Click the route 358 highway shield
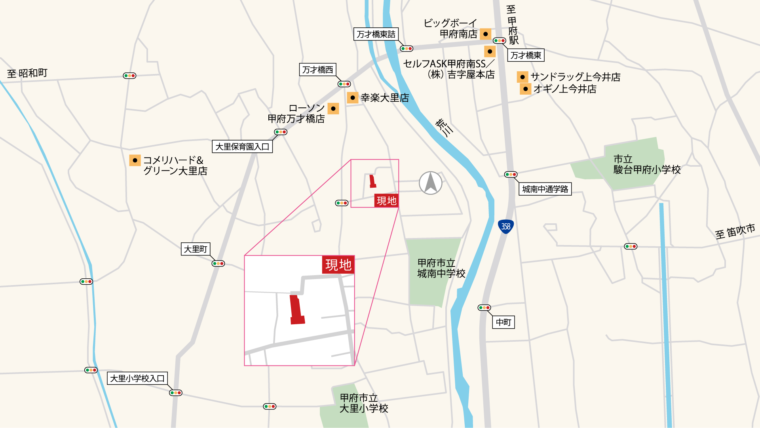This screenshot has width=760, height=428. tap(505, 226)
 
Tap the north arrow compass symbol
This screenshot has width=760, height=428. tap(431, 183)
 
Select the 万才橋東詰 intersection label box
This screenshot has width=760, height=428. tap(376, 34)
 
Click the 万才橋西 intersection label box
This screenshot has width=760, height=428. tap(317, 70)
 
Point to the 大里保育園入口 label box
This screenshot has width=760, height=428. tap(242, 147)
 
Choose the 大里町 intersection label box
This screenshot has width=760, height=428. tap(196, 249)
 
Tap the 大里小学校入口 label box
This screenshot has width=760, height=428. tap(137, 379)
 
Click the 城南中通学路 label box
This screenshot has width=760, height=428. tap(545, 189)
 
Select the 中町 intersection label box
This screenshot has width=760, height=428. tap(503, 322)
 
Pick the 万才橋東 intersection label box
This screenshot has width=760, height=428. tap(526, 55)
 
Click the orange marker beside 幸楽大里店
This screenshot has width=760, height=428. tap(352, 97)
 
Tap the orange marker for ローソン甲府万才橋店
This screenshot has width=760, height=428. tap(333, 108)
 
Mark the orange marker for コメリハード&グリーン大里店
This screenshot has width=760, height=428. tap(135, 160)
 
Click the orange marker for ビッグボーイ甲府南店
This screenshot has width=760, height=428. tap(485, 34)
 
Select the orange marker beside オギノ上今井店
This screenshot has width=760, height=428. tap(525, 89)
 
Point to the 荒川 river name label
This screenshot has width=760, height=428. tap(444, 127)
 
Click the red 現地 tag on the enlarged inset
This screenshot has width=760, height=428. tap(338, 264)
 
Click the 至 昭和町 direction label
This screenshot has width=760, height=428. tap(27, 73)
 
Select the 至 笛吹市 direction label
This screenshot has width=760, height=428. tap(735, 231)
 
